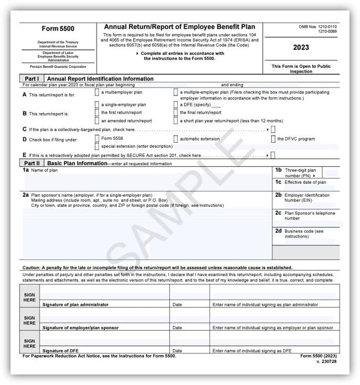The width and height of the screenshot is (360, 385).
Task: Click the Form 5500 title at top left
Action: (58, 28)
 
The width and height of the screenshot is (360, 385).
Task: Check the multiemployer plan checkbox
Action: (97, 92)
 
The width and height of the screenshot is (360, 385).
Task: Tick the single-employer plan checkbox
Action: (97, 105)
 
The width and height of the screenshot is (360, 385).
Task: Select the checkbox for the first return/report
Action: (97, 113)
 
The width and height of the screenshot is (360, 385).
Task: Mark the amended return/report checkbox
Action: (97, 120)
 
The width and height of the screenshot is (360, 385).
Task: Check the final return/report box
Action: (176, 113)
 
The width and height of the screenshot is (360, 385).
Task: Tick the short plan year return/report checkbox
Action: (176, 120)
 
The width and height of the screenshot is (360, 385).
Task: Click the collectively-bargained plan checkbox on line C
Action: (273, 129)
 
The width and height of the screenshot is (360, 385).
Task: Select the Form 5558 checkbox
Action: (97, 139)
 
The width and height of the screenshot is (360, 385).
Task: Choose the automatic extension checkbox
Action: (176, 139)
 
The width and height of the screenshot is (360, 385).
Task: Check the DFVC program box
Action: (273, 139)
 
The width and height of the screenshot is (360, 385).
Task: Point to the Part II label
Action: (33, 164)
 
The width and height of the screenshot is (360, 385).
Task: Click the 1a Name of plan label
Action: (40, 170)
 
